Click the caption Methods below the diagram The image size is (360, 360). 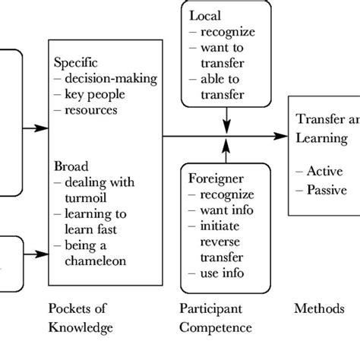click(318, 311)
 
